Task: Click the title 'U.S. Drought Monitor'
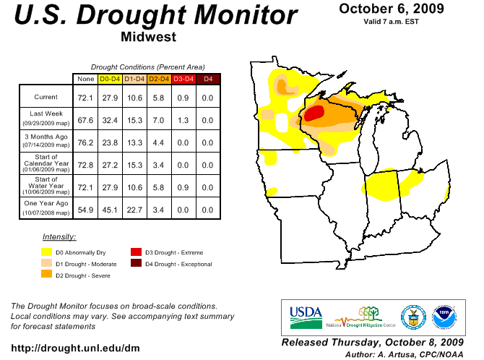tap(155, 16)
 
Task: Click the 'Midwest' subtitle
tap(148, 37)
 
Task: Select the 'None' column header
tap(85, 78)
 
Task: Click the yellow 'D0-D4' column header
tap(110, 78)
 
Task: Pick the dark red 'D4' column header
tap(208, 78)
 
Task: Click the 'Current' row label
tap(46, 97)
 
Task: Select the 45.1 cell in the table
tap(110, 210)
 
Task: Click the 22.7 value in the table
tap(134, 210)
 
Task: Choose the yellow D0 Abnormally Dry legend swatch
tap(47, 252)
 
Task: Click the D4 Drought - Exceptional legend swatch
tap(136, 264)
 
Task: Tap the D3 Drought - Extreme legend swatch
tap(136, 252)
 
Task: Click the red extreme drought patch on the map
tap(314, 113)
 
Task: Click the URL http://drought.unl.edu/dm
tap(75, 348)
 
